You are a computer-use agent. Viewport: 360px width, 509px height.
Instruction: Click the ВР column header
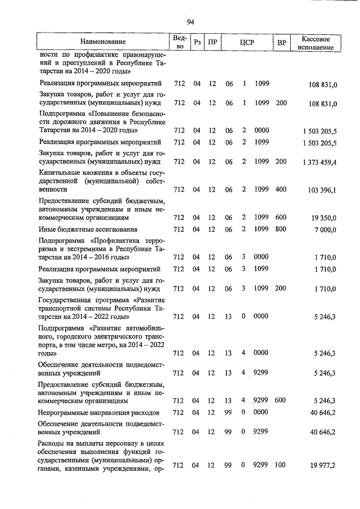(x=281, y=42)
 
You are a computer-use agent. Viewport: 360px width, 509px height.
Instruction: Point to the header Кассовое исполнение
(x=319, y=42)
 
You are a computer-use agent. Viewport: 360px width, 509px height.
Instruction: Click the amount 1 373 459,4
(x=318, y=163)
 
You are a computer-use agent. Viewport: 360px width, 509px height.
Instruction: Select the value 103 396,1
(x=321, y=190)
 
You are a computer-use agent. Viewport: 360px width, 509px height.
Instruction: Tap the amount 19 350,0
(x=323, y=217)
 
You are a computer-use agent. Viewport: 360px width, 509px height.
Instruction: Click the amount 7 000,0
(x=325, y=230)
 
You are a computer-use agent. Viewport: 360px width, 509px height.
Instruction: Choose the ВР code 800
(x=281, y=229)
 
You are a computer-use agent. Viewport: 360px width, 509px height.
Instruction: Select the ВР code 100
(x=281, y=465)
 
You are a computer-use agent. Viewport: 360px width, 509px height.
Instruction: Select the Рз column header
(x=197, y=42)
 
